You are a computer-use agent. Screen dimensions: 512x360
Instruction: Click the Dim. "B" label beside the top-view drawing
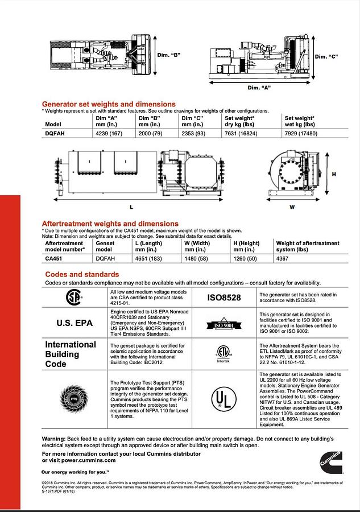(x=169, y=55)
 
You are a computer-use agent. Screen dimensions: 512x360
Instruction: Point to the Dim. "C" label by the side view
(x=327, y=56)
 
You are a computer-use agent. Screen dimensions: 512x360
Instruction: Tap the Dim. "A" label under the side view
(x=259, y=88)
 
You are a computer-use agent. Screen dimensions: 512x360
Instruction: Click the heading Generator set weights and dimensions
(x=109, y=104)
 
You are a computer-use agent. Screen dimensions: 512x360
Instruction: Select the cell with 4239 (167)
(x=111, y=133)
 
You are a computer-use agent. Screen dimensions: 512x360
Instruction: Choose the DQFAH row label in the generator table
(x=54, y=133)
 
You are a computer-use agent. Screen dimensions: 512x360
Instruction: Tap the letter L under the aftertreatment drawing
(x=131, y=207)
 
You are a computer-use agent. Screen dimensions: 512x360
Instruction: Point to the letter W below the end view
(x=292, y=207)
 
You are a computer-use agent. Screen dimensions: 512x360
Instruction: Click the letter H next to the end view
(x=334, y=174)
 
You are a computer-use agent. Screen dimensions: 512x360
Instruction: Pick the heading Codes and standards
(x=82, y=275)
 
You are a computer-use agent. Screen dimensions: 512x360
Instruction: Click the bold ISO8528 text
(x=224, y=298)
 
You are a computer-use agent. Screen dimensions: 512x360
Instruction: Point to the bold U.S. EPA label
(x=75, y=323)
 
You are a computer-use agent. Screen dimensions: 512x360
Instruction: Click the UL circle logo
(x=224, y=399)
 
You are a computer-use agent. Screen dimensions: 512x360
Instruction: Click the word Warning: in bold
(x=53, y=439)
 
